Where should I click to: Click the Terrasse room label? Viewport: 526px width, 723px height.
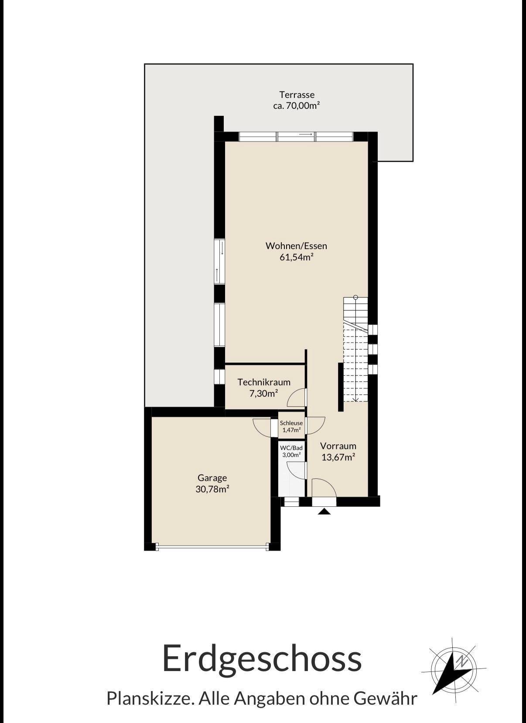point(297,95)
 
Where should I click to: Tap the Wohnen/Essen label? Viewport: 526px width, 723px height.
point(296,246)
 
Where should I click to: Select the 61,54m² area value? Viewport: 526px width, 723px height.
point(297,257)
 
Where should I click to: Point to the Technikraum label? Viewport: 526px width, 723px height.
point(264,382)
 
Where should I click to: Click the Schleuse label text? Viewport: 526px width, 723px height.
point(291,423)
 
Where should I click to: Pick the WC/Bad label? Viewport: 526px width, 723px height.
point(291,448)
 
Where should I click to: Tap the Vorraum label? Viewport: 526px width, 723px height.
point(338,446)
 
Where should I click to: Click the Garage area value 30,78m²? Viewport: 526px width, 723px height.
point(212,489)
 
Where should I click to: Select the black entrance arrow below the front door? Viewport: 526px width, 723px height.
point(324,512)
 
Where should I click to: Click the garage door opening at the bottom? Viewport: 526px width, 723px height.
point(212,547)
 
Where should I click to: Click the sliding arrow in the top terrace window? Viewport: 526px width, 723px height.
point(306,134)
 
